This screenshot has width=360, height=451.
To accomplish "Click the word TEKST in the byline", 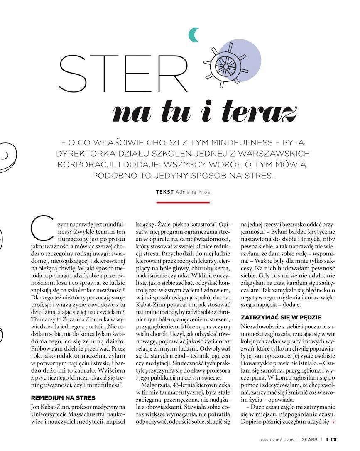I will pyautogui.click(x=165, y=192).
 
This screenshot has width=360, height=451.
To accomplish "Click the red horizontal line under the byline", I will pyautogui.click(x=176, y=203).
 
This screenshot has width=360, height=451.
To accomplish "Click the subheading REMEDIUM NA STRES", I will pyautogui.click(x=63, y=397).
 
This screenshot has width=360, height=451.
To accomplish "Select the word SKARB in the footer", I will pyautogui.click(x=310, y=439).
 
